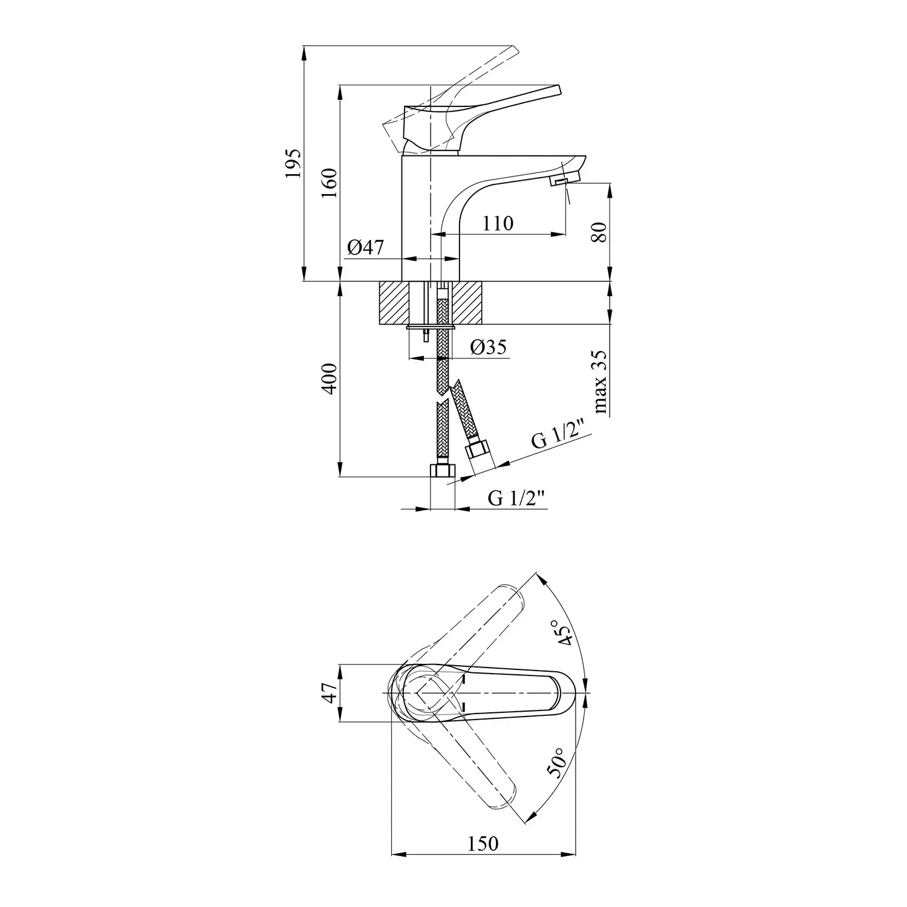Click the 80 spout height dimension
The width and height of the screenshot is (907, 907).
[x=599, y=232]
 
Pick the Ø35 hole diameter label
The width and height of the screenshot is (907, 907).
[x=489, y=347]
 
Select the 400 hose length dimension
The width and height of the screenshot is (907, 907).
[x=329, y=379]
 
